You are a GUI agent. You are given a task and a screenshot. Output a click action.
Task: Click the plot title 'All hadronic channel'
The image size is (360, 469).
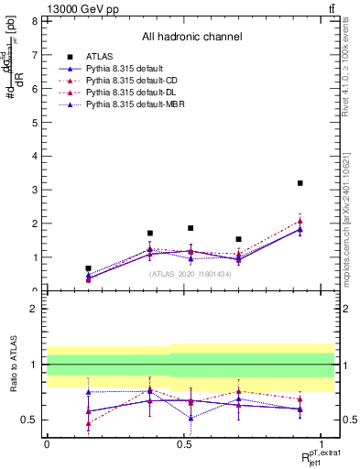(191, 37)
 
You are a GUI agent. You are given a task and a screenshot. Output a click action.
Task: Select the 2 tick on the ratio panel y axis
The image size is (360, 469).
(33, 309)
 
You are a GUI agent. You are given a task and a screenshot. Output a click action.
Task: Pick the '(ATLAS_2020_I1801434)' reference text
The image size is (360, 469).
(191, 274)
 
